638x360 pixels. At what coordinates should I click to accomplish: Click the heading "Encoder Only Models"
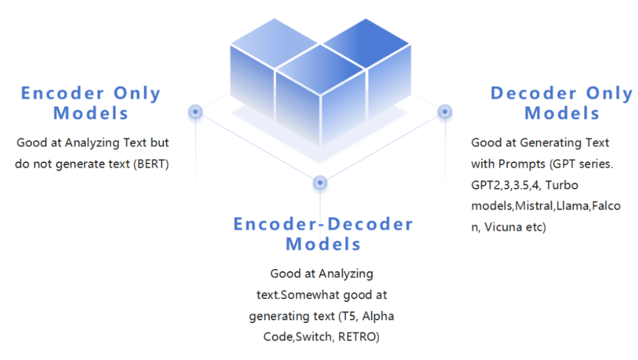[x=91, y=103]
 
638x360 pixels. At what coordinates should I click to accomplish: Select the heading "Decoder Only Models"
[x=561, y=103]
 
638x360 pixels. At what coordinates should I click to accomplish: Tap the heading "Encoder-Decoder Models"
[x=323, y=233]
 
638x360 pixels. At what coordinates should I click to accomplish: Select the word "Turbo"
[x=563, y=185]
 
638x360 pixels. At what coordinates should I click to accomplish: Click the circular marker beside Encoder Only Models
[x=196, y=111]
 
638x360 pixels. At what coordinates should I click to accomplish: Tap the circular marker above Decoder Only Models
[x=444, y=111]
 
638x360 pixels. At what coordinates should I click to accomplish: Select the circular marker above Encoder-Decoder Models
[x=320, y=182]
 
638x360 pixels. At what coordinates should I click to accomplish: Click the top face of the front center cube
[x=320, y=72]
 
